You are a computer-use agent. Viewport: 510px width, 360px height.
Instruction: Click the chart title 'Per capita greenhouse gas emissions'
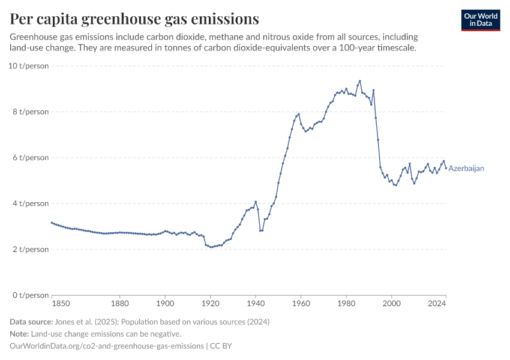pos(134,19)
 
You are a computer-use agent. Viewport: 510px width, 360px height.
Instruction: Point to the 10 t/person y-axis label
pos(28,65)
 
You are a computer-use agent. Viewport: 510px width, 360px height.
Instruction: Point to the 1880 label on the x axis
pos(120,304)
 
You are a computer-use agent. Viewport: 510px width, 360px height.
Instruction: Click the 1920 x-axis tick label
pos(211,304)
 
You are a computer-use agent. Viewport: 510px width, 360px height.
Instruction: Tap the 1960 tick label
pos(301,304)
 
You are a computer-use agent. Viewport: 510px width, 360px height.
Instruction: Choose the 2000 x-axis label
pos(392,304)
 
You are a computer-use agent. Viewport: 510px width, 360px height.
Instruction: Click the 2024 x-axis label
pos(437,304)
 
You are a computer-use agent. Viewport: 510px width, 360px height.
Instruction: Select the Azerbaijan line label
pos(466,169)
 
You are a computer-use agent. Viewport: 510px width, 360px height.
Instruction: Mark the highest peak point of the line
pos(360,81)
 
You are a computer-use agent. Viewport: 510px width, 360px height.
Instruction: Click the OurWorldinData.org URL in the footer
pos(107,346)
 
